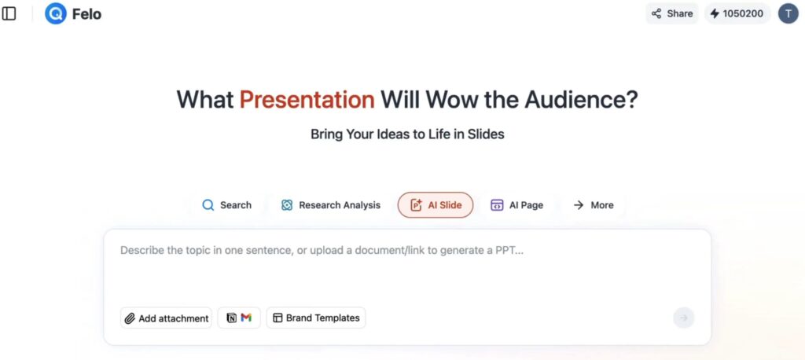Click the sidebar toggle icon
[x=9, y=14]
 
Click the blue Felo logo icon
[x=56, y=13]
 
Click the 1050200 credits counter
[x=737, y=14]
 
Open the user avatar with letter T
[x=788, y=14]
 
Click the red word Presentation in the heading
[x=307, y=100]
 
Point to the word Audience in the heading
[x=581, y=100]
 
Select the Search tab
[x=227, y=205]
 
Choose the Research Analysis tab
[x=331, y=205]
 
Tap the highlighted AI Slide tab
[x=436, y=205]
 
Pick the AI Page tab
[x=516, y=205]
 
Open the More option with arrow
[x=594, y=205]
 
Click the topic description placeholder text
[x=322, y=251]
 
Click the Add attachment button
[x=167, y=318]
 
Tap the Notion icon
[x=232, y=318]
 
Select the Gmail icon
[x=246, y=318]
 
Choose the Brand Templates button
[x=316, y=318]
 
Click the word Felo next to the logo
[x=86, y=14]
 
